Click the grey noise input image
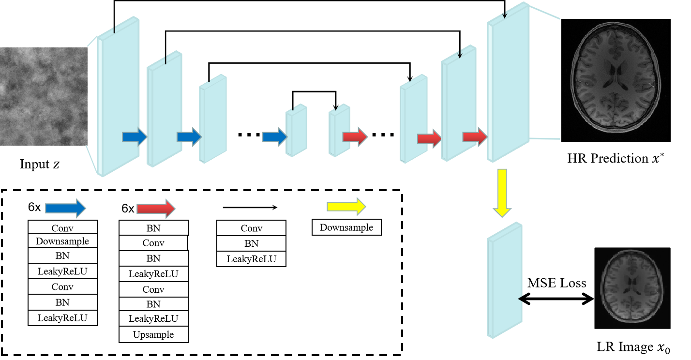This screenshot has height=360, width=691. pos(44,96)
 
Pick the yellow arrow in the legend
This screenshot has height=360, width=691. pos(345,207)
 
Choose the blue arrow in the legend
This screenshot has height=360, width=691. pos(65,208)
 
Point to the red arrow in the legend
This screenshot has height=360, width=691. pos(155,208)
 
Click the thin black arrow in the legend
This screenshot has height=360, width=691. pos(250,208)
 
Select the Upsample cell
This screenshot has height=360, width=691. pos(153,334)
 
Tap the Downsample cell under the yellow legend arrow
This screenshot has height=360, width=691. pos(346,227)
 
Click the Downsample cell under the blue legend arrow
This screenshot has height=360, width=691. pos(62,241)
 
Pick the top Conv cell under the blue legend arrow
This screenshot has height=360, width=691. pos(62,227)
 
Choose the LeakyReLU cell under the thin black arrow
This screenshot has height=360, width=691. pos(251,259)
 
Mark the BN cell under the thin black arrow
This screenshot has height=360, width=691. pos(251,243)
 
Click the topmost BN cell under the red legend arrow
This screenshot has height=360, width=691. pos(153,228)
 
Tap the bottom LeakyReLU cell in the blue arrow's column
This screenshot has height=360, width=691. pos(62,318)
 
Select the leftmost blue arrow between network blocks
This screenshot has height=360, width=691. pos(134,137)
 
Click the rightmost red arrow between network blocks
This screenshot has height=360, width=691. pos(474,137)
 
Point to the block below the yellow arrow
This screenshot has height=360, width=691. pos(504,281)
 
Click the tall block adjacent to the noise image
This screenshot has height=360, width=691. pos(119,97)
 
